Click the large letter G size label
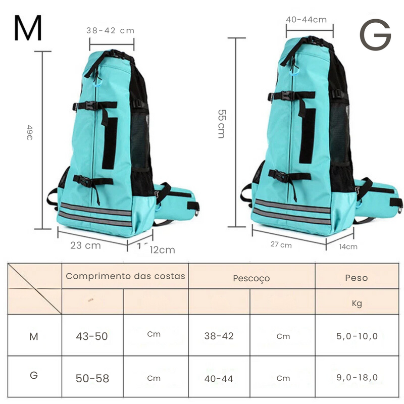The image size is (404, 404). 375,35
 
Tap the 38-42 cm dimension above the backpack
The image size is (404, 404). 111,30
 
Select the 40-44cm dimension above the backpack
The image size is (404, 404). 306,20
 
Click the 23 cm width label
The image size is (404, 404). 85,245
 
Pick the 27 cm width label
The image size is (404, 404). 281,245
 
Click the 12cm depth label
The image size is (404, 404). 162,249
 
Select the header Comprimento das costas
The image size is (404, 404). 125,276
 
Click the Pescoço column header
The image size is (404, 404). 251,278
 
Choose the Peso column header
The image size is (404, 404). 356,278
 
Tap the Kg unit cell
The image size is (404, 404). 356,304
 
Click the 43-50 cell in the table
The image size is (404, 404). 92,336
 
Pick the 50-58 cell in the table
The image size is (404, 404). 92,378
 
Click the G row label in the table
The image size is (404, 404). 34,376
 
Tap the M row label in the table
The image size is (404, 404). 34,336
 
